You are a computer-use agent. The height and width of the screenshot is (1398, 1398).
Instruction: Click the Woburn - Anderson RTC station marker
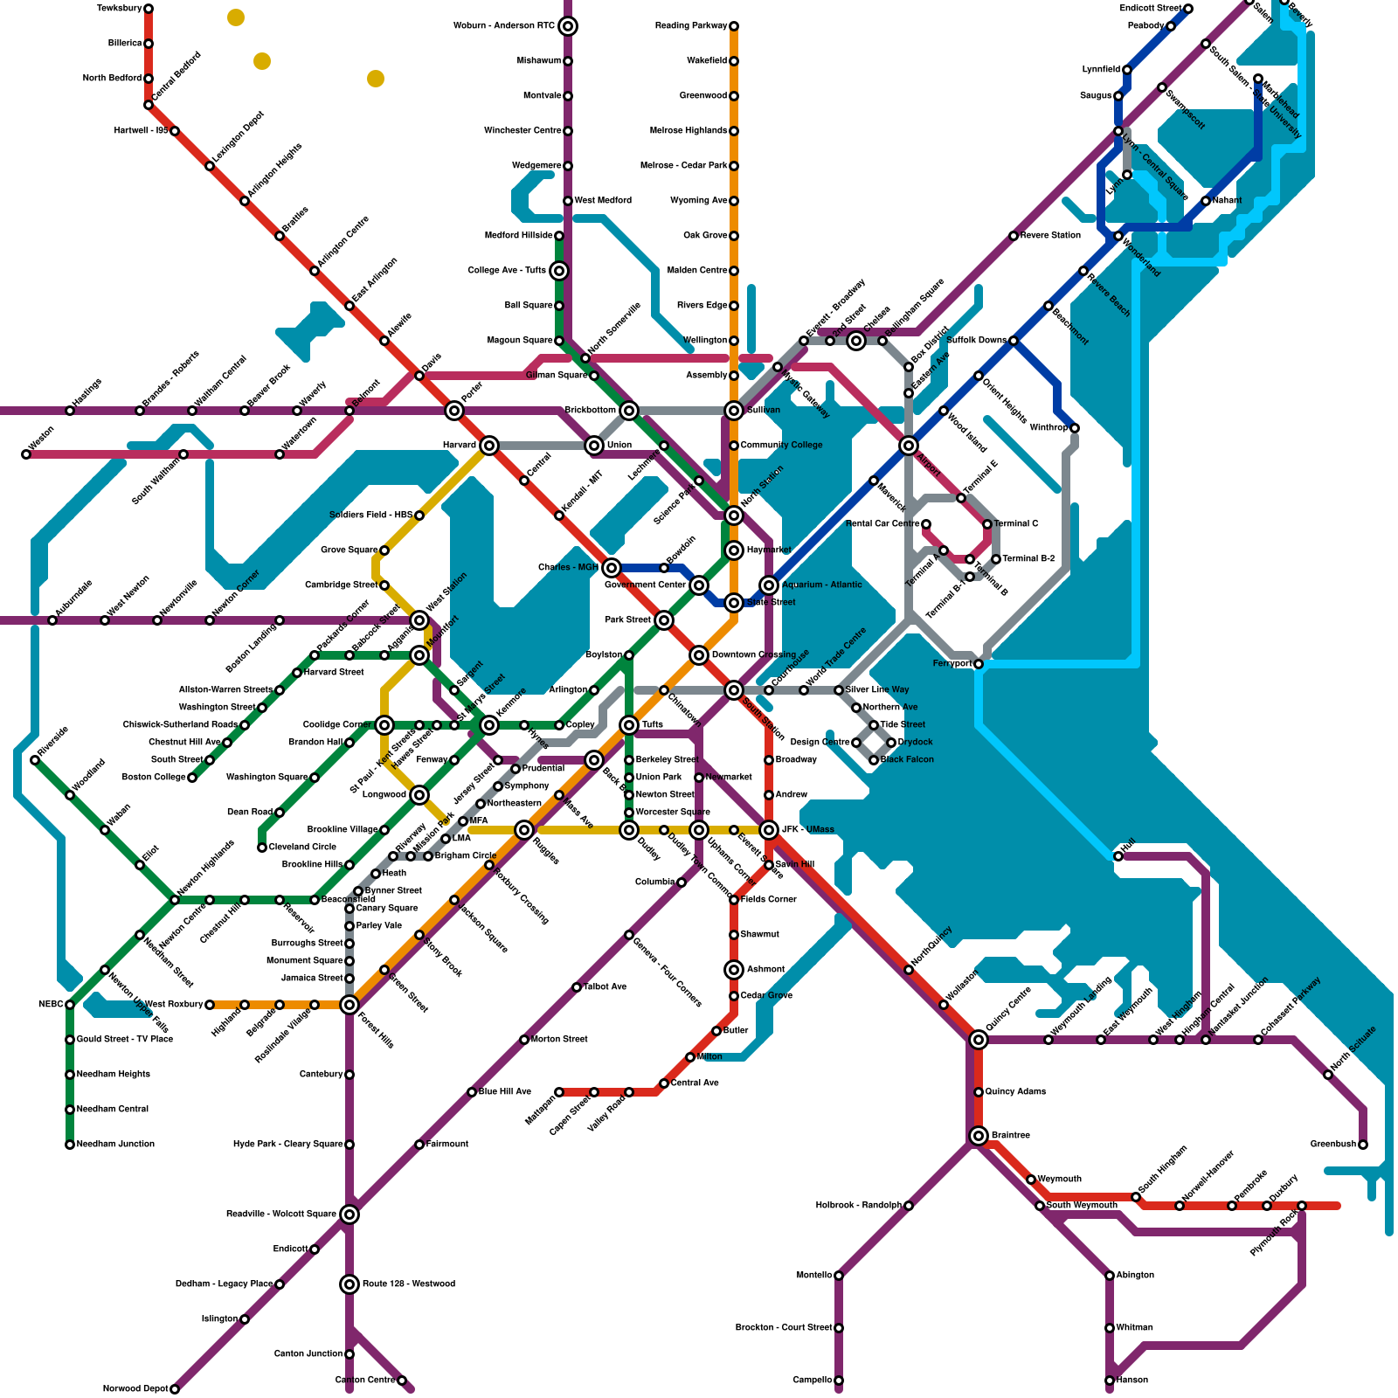pyautogui.click(x=568, y=26)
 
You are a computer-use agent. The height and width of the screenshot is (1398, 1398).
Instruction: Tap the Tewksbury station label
pyautogui.click(x=120, y=9)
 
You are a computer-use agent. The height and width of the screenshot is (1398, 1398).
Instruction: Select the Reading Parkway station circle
pyautogui.click(x=734, y=26)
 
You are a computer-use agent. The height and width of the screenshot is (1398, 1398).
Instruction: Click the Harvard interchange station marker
pyautogui.click(x=489, y=446)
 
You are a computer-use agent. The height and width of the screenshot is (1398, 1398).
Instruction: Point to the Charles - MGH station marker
pyautogui.click(x=612, y=568)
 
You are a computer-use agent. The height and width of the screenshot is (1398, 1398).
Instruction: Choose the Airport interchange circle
pyautogui.click(x=909, y=446)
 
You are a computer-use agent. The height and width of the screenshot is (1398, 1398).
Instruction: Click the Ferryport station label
pyautogui.click(x=952, y=664)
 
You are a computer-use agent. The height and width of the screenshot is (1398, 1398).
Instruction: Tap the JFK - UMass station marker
pyautogui.click(x=769, y=830)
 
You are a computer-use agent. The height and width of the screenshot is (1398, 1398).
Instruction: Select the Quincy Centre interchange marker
pyautogui.click(x=979, y=1040)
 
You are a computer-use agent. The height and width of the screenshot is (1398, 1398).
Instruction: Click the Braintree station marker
pyautogui.click(x=979, y=1136)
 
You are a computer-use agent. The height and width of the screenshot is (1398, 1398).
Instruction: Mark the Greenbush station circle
pyautogui.click(x=1363, y=1145)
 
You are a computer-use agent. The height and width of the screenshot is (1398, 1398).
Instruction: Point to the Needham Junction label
pyautogui.click(x=115, y=1145)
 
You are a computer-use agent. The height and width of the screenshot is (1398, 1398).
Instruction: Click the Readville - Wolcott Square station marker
pyautogui.click(x=349, y=1215)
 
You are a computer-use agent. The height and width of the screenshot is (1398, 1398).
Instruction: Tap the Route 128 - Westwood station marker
pyautogui.click(x=349, y=1284)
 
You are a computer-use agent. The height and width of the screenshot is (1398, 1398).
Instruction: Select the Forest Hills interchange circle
pyautogui.click(x=349, y=1005)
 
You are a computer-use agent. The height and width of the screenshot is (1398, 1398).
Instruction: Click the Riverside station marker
pyautogui.click(x=35, y=760)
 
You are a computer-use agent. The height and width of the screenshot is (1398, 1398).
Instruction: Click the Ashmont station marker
pyautogui.click(x=734, y=970)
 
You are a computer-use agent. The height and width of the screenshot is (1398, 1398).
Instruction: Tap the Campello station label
pyautogui.click(x=813, y=1381)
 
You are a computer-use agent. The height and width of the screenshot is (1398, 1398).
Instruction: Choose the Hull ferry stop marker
pyautogui.click(x=1118, y=856)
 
